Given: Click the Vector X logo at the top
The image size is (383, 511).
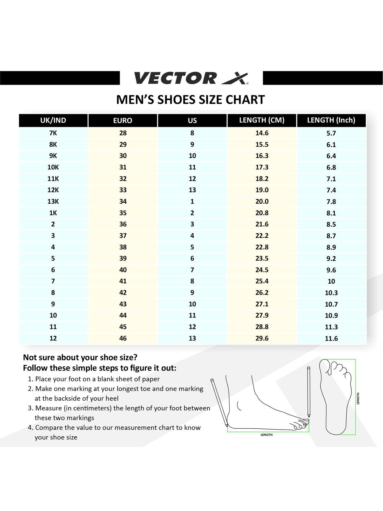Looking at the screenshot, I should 191,78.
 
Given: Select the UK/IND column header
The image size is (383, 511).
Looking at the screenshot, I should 53,120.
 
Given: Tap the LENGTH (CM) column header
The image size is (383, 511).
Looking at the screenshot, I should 262,120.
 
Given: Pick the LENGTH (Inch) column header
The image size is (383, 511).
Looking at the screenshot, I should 331,120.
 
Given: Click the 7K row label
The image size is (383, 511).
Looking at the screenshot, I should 53,133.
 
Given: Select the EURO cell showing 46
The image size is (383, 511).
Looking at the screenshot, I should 123,338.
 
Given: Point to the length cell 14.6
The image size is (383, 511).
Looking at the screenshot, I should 262,133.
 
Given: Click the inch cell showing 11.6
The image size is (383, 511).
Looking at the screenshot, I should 331,339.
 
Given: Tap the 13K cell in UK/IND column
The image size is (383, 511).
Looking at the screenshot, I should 53,202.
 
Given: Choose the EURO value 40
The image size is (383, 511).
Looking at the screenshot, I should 123,270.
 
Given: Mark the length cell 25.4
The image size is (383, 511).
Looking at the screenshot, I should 262,281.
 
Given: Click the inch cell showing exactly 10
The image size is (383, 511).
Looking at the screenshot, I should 331,281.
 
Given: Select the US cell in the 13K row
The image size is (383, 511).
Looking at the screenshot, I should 192,202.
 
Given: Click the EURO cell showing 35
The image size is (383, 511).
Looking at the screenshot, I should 123,213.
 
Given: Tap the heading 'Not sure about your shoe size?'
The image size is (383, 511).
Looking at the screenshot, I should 80,357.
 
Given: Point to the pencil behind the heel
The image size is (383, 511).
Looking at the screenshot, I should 219,402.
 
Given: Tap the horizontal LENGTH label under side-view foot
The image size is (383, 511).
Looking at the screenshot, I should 266,435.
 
